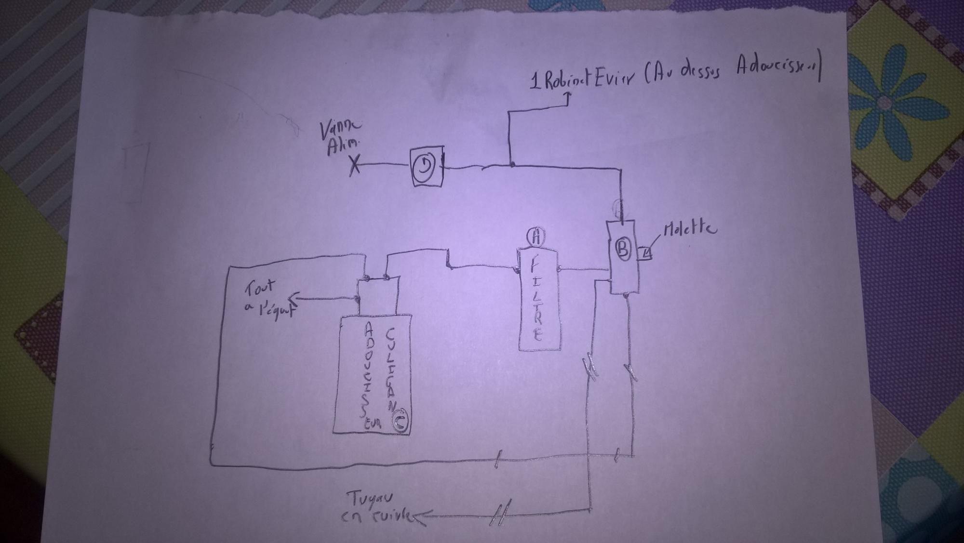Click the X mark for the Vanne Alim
click(354, 166)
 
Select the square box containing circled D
click(426, 167)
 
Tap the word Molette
click(689, 230)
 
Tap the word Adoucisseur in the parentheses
click(776, 67)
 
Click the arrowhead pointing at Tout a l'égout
click(299, 299)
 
